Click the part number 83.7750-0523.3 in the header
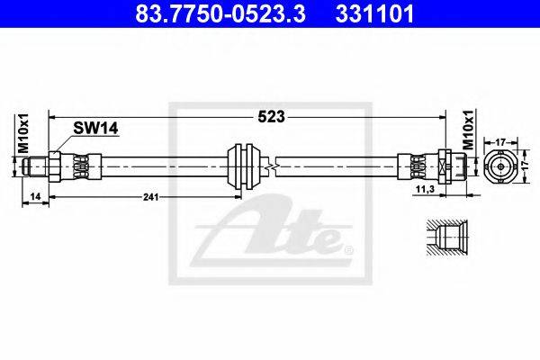(220, 14)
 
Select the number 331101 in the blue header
(374, 14)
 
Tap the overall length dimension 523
(272, 117)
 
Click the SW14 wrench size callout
(95, 129)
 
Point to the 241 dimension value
(151, 197)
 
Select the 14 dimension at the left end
(35, 197)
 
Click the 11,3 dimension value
(425, 189)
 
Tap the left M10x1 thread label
(23, 132)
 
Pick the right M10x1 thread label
(468, 130)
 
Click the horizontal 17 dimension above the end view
(500, 141)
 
